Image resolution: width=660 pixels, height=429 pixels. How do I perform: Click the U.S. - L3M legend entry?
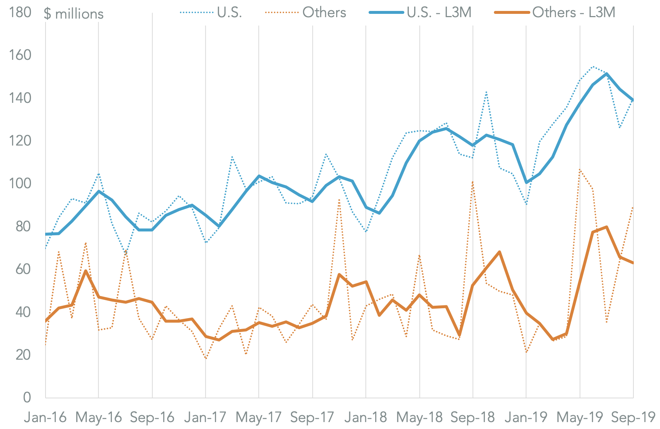(421, 12)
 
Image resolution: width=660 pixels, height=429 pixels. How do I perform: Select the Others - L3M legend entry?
(555, 12)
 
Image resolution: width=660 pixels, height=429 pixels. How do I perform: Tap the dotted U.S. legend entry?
(211, 12)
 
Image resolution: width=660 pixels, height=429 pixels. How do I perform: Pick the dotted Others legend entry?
(306, 12)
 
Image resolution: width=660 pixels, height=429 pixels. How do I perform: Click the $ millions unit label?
(74, 14)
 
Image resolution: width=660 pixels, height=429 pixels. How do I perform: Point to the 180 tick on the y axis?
(20, 12)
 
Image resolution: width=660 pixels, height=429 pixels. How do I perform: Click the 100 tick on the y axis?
(20, 183)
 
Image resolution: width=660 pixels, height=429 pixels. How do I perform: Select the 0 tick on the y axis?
(27, 397)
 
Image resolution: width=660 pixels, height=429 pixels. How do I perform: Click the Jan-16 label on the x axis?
(45, 417)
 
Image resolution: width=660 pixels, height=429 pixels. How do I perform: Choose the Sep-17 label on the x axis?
(312, 417)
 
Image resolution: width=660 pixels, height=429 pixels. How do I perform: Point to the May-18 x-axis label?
(419, 417)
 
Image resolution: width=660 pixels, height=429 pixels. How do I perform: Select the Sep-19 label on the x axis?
(633, 417)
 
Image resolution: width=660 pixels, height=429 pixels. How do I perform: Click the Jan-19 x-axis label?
(526, 417)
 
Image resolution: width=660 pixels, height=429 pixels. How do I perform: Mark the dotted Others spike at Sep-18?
(473, 182)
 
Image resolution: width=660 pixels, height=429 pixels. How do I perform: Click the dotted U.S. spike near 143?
(486, 92)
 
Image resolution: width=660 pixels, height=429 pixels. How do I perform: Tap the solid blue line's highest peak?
(606, 74)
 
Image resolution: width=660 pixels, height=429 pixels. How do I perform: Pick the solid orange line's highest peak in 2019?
(606, 227)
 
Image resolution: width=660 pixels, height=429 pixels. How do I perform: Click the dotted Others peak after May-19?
(580, 169)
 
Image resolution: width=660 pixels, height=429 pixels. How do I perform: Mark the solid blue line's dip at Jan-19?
(526, 182)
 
